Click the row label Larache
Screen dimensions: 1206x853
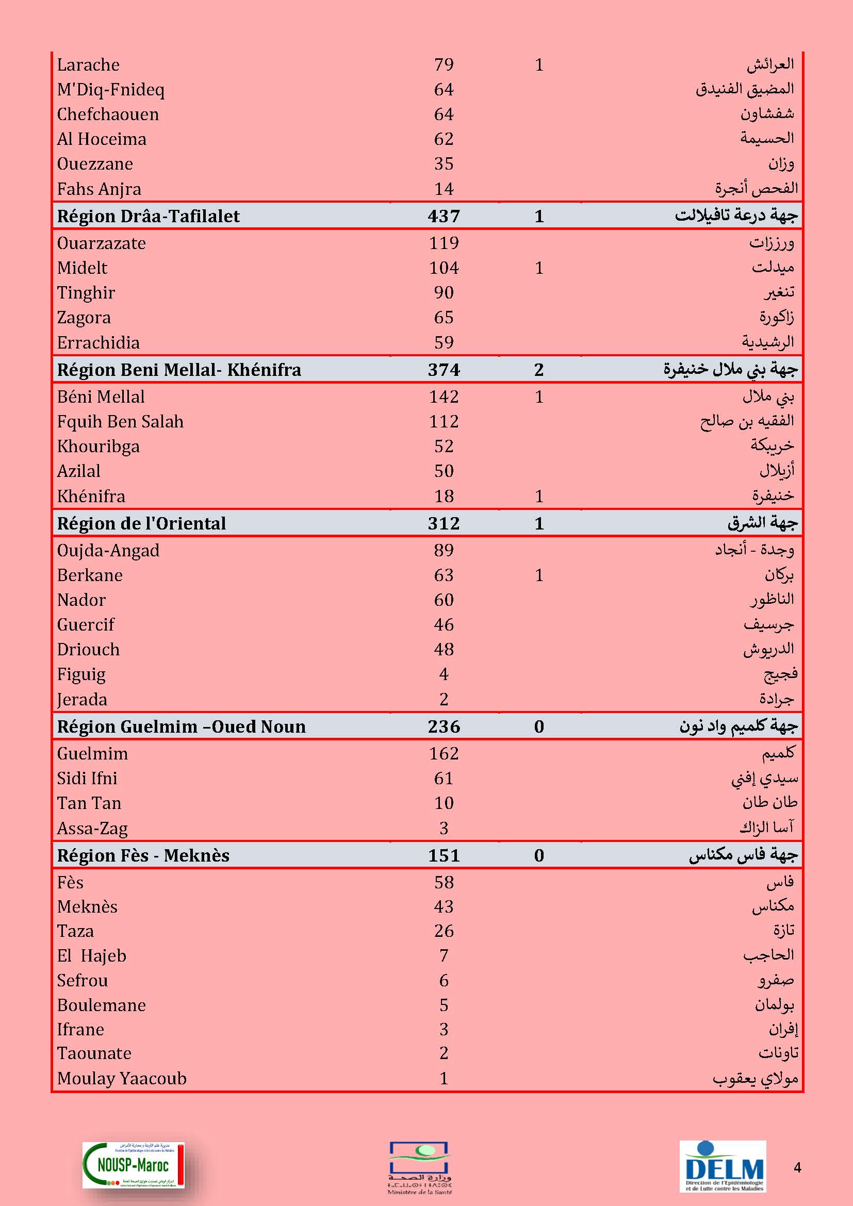pyautogui.click(x=88, y=64)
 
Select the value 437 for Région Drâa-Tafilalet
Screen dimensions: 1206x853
pyautogui.click(x=444, y=216)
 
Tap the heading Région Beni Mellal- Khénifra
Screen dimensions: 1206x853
pyautogui.click(x=179, y=370)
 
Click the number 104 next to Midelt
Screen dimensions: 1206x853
pyautogui.click(x=444, y=268)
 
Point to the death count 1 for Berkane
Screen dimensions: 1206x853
pyautogui.click(x=539, y=575)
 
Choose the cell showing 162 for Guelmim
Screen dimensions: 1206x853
pyautogui.click(x=444, y=754)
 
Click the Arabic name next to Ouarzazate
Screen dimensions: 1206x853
pyautogui.click(x=772, y=243)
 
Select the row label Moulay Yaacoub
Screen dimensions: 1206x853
pyautogui.click(x=122, y=1078)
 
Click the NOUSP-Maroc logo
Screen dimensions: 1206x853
pyautogui.click(x=134, y=1165)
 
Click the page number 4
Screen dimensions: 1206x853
pyautogui.click(x=797, y=1168)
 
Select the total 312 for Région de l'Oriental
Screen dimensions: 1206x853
pyautogui.click(x=444, y=523)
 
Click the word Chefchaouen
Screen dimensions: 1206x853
pyautogui.click(x=108, y=114)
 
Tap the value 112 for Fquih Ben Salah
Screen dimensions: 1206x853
pyautogui.click(x=444, y=421)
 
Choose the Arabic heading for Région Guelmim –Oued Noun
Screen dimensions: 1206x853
pyautogui.click(x=738, y=726)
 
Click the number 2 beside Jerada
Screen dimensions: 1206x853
pyautogui.click(x=444, y=699)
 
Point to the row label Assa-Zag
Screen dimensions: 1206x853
pyautogui.click(x=92, y=829)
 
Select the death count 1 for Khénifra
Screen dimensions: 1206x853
pyautogui.click(x=539, y=497)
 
